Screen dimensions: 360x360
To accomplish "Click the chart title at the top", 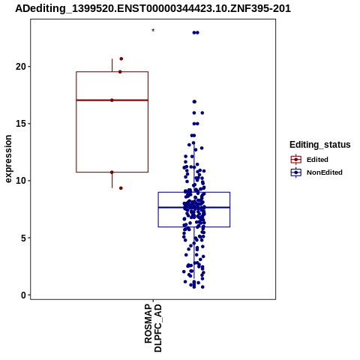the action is tap(153, 8).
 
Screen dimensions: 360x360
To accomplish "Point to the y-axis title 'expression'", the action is tap(8, 159).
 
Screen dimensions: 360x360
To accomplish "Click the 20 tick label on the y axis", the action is tap(21, 67).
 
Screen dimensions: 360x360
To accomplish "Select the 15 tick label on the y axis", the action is tap(21, 124).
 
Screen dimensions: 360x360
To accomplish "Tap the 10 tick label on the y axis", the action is tap(21, 181).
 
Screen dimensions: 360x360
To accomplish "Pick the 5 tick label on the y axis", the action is tap(23, 238).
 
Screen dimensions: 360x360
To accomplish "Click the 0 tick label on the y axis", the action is tap(23, 295).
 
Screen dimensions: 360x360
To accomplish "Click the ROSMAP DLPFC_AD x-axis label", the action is tap(153, 328).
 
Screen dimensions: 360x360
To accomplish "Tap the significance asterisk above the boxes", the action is tap(153, 31).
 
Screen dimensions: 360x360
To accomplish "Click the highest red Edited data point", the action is tap(121, 58).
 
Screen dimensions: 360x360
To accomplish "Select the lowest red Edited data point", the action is tap(121, 188).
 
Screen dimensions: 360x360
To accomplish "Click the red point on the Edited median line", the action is tap(112, 100).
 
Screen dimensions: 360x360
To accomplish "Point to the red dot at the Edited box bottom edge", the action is tap(112, 172).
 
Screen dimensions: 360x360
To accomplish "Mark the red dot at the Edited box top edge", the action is tap(120, 72).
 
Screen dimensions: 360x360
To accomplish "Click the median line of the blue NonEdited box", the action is tap(194, 207).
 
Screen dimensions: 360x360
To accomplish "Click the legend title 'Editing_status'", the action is tap(320, 145).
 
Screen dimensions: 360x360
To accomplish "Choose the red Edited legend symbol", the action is tap(296, 160).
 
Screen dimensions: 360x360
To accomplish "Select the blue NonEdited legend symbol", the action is tap(296, 172).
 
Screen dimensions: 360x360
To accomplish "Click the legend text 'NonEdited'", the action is tap(325, 172).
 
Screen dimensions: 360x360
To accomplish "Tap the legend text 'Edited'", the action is tap(317, 160).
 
